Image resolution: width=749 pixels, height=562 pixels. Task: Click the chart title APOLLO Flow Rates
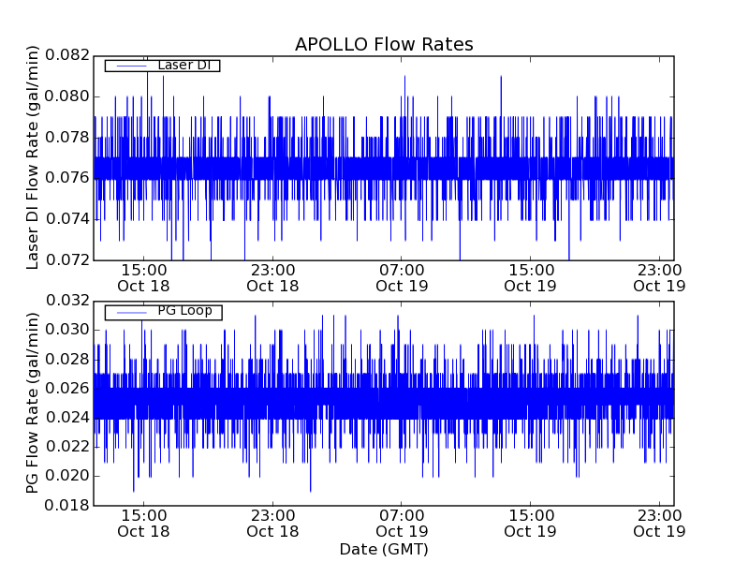[384, 44]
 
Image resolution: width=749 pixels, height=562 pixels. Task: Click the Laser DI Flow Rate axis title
[33, 157]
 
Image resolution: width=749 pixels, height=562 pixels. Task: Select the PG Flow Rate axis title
[33, 403]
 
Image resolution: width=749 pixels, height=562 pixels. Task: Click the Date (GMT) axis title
[384, 549]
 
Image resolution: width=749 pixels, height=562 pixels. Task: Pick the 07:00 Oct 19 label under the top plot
[403, 277]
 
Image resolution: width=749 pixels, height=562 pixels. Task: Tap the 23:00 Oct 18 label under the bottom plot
[272, 523]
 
